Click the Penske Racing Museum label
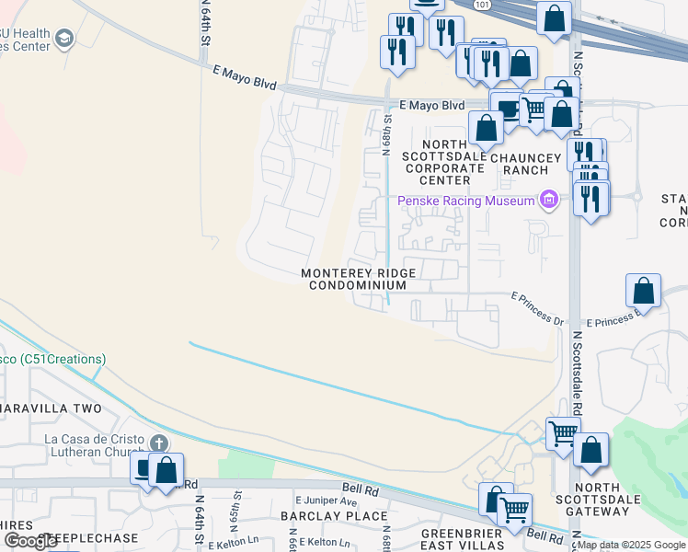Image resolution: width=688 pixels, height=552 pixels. tap(466, 201)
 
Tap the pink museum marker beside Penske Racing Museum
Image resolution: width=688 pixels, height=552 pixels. tap(549, 200)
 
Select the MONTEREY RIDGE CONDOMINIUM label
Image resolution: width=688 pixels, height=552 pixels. tap(359, 279)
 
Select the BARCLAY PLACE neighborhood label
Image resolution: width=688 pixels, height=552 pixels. tap(323, 516)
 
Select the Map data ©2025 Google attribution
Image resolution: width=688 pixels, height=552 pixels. tap(631, 545)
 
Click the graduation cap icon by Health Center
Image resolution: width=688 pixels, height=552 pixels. tap(63, 39)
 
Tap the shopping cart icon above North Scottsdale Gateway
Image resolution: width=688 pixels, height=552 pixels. tap(563, 432)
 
